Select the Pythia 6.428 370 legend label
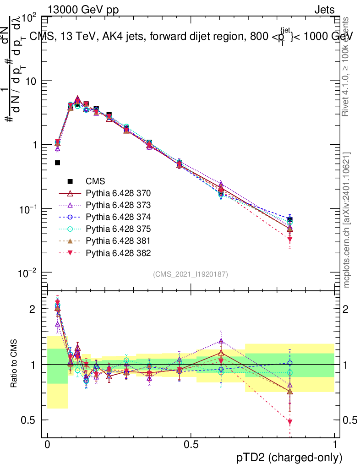[119, 193]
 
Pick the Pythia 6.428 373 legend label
[119, 205]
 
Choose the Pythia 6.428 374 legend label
[119, 217]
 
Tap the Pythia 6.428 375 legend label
[119, 229]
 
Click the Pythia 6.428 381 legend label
[119, 240]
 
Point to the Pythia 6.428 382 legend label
[119, 252]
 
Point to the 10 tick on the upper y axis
[32, 81]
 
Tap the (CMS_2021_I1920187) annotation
[191, 274]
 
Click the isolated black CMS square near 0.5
[58, 163]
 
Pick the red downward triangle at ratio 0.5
[289, 422]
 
